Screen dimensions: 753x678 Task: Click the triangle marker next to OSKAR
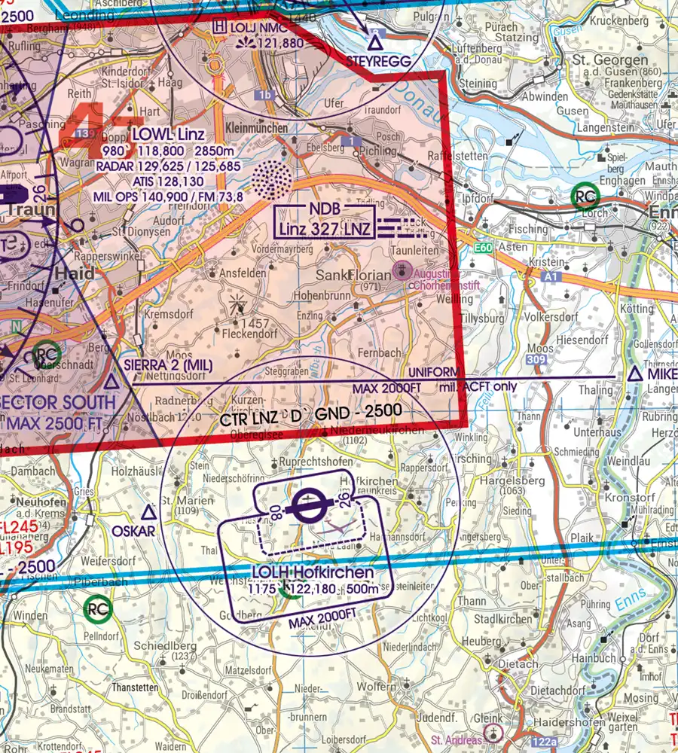coord(148,513)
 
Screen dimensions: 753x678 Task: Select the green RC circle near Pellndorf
coord(97,608)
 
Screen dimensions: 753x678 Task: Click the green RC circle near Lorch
coord(585,197)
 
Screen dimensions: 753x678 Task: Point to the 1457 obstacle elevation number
coord(256,322)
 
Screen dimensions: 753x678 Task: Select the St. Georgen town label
coord(610,59)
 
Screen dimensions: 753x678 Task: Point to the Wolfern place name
coord(376,686)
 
